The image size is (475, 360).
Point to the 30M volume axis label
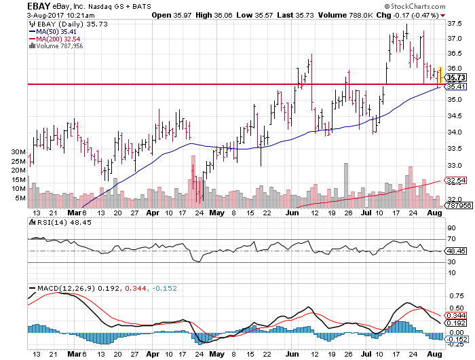coord(18,151)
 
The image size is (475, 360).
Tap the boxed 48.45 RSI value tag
coord(455,251)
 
